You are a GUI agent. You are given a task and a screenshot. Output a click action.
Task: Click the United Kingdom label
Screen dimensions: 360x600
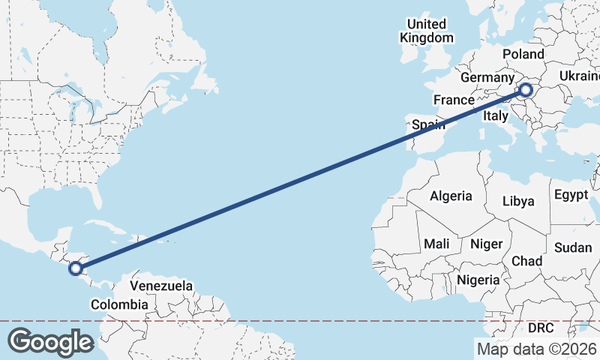coord(427,31)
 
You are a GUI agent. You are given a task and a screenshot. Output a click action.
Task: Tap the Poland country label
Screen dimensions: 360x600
coord(523,55)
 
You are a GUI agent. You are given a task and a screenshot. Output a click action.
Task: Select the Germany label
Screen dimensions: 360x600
coord(486,78)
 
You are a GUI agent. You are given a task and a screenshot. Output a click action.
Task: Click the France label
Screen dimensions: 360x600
coord(453,100)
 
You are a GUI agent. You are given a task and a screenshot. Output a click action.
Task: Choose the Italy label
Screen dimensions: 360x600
coord(495,115)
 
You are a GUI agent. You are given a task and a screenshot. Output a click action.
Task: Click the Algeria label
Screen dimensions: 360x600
coord(451,196)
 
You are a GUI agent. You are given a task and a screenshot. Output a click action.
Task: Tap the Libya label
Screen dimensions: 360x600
coord(518,201)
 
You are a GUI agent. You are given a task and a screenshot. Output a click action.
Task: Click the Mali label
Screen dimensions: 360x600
coord(436,244)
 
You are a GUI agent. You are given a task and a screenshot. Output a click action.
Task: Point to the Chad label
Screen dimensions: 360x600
coord(526,260)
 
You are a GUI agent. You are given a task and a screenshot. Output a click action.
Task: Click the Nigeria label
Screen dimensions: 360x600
coord(478,280)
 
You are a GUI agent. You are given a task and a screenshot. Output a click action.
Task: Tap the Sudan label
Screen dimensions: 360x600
coord(572,247)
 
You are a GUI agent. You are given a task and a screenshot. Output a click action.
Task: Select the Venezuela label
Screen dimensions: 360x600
coord(161,286)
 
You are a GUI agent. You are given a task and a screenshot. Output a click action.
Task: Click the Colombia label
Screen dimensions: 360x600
coord(119,304)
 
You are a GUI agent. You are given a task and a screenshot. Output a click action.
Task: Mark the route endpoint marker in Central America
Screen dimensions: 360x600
coord(75,268)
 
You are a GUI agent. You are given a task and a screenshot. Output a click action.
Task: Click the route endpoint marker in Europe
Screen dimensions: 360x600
coord(525,91)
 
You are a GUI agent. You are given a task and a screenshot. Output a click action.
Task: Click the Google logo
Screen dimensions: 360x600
coord(50,342)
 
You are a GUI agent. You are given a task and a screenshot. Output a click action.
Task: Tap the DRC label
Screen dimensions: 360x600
coord(540,328)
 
